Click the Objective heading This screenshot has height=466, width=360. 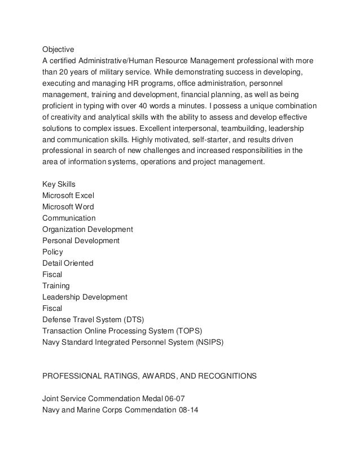point(59,49)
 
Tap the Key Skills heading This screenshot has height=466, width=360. point(59,184)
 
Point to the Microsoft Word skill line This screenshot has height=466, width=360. point(68,206)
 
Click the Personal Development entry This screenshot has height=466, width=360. point(81,240)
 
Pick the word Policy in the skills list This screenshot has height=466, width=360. point(52,252)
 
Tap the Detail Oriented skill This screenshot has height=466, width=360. point(68,263)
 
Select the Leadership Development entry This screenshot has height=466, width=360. point(85,297)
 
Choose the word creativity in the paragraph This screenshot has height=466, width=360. point(69,117)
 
